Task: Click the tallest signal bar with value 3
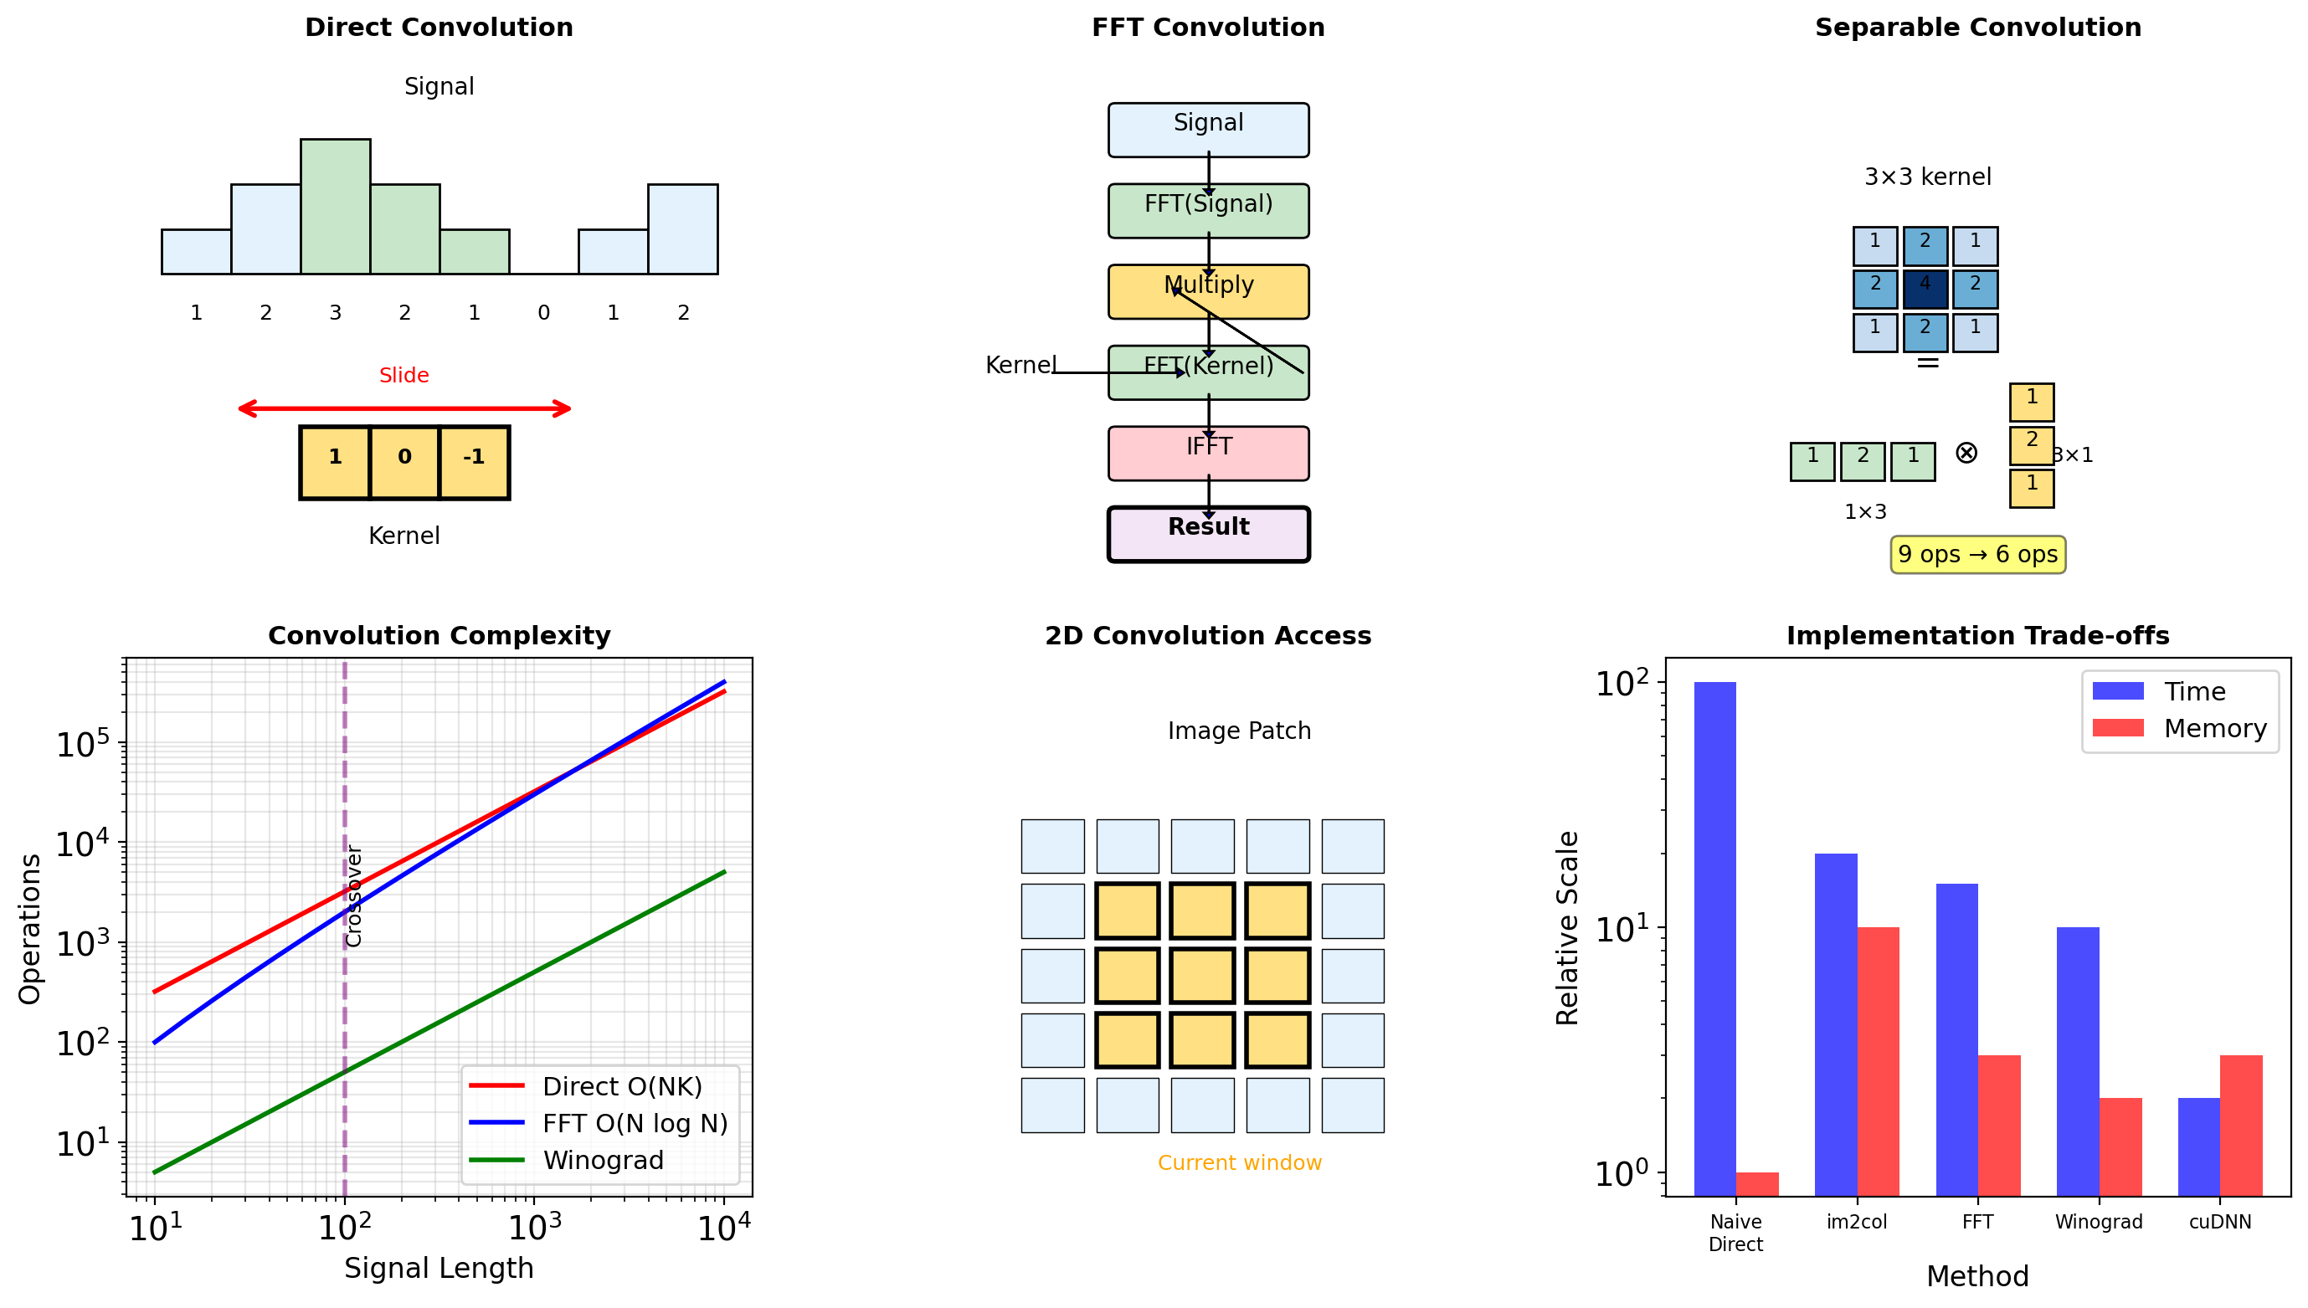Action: [x=335, y=207]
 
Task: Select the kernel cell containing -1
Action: [x=475, y=462]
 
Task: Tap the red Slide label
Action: [x=404, y=376]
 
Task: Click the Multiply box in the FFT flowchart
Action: [x=1207, y=292]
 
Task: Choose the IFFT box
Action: [x=1207, y=453]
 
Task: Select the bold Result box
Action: [x=1207, y=534]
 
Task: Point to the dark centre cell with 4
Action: [x=1925, y=290]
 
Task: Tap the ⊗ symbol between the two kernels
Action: [x=1966, y=453]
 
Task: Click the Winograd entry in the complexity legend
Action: [x=603, y=1160]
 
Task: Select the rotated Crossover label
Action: [x=354, y=895]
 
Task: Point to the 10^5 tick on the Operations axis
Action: [x=83, y=745]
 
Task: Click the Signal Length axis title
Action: [x=439, y=1268]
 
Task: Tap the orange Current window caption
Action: [x=1239, y=1162]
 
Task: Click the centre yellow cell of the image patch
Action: [x=1202, y=976]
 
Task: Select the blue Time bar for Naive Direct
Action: [x=1714, y=939]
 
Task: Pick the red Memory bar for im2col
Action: [x=1878, y=1060]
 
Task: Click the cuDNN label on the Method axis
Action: [x=2219, y=1222]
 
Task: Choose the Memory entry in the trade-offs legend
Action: [x=2213, y=729]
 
